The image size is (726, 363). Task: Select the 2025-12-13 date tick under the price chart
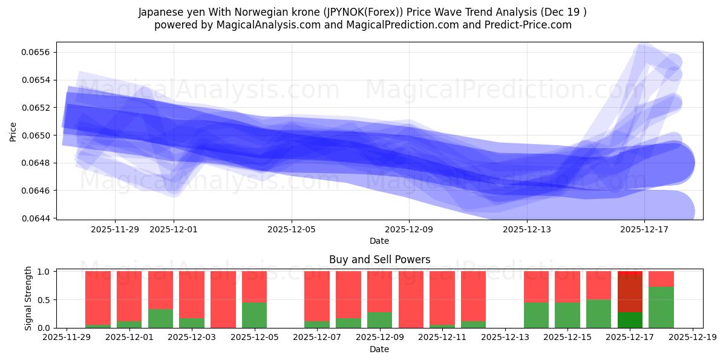(526, 229)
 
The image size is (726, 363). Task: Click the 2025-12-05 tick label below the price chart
(292, 229)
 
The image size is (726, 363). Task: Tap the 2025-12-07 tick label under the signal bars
(316, 338)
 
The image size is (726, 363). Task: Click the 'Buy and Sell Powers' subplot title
(379, 260)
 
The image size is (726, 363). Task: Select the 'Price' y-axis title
(13, 131)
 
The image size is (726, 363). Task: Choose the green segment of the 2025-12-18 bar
(661, 307)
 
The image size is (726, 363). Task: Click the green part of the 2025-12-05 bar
(254, 315)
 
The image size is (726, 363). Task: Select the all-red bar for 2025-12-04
(223, 299)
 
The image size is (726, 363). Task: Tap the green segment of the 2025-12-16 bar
(598, 313)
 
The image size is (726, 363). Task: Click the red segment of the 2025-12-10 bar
(411, 299)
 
